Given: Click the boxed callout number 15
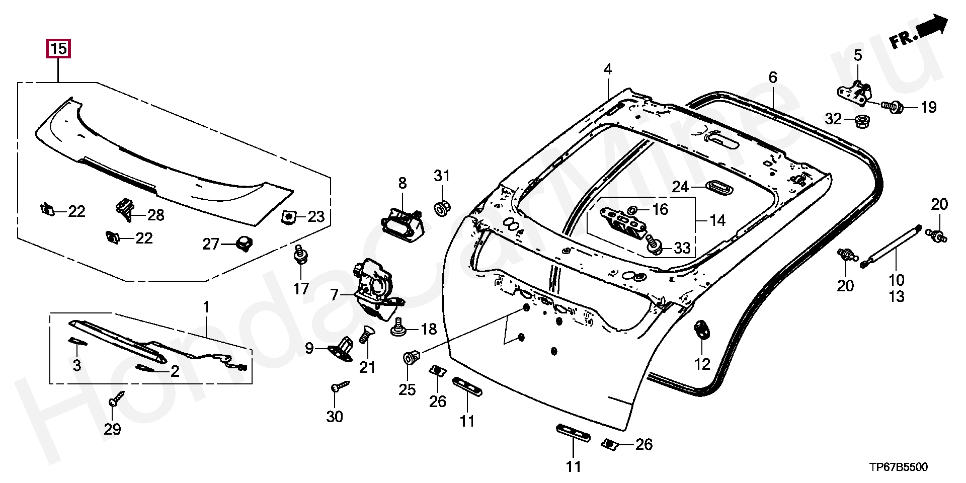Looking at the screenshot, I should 58,49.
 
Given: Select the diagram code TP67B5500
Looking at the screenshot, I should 898,467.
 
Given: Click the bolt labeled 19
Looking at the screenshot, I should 893,107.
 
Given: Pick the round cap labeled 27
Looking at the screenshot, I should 244,243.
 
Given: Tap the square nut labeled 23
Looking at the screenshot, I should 289,216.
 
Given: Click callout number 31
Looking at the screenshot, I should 442,176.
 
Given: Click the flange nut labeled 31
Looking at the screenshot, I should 442,207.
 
